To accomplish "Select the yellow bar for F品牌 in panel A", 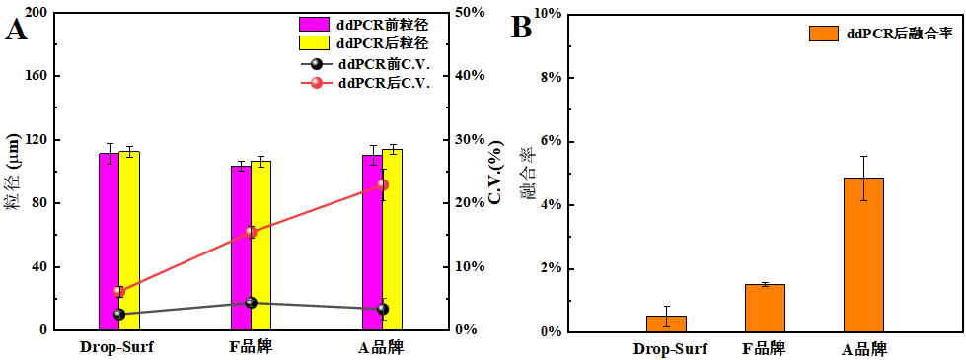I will coord(260,246).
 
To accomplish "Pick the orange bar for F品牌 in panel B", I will coord(764,308).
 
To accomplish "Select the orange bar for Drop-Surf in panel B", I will coord(666,324).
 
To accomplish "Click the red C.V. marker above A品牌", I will coord(383,184).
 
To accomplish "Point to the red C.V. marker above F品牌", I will coord(251,232).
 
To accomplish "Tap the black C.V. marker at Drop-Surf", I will coord(119,315).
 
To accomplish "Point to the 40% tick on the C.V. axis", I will coord(469,76).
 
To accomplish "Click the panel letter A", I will coord(17,30).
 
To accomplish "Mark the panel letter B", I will coord(521,28).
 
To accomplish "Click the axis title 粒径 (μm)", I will coord(13,173).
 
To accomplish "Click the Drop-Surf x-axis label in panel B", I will coord(670,349).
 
